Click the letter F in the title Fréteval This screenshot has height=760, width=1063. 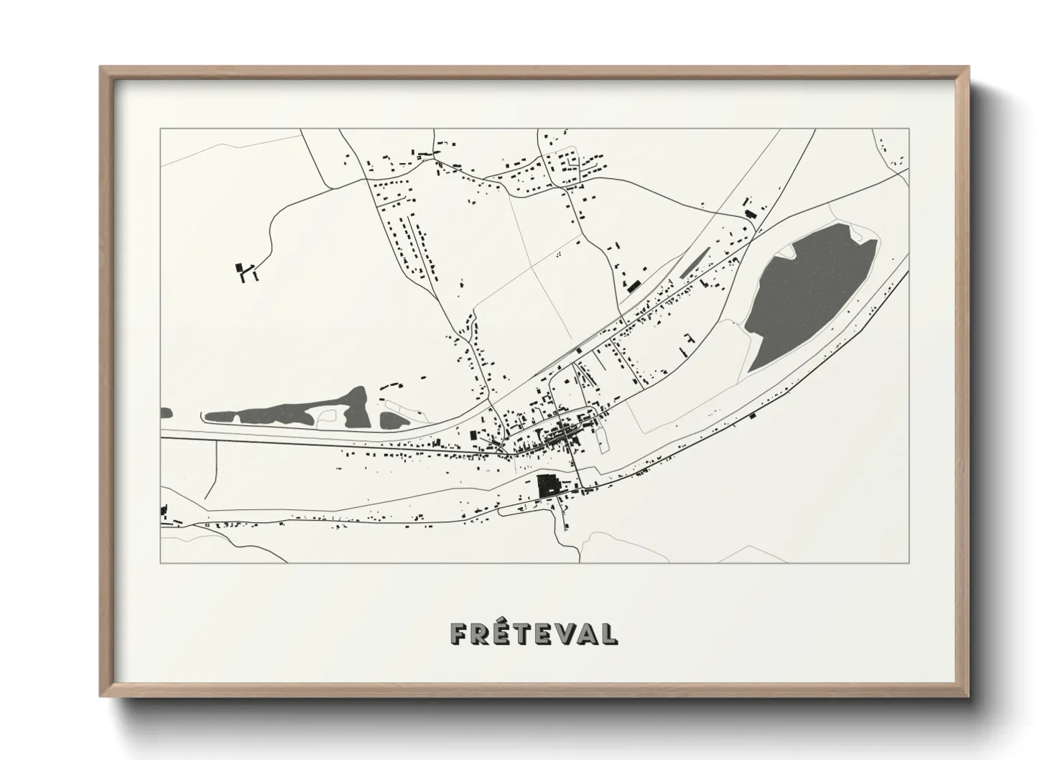(458, 633)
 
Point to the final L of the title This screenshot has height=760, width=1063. (608, 633)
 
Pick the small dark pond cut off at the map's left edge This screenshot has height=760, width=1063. (166, 413)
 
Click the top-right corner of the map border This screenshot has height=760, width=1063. (909, 129)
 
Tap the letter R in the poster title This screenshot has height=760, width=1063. (478, 633)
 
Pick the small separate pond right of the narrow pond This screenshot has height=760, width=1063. (392, 421)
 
